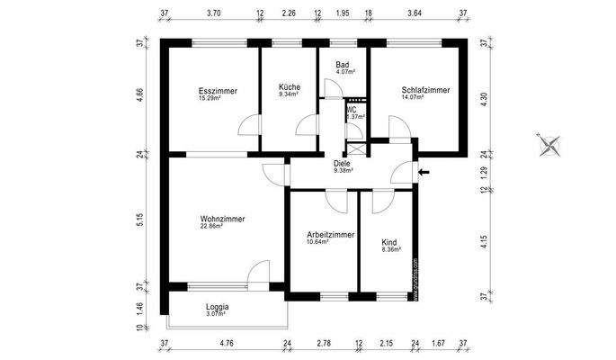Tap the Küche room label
tap(289, 86)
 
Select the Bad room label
tap(342, 65)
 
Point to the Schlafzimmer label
tap(424, 90)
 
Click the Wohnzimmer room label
tap(222, 218)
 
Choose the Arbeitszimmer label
tap(330, 234)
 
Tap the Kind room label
tap(389, 243)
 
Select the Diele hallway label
tap(342, 163)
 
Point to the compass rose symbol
tap(549, 144)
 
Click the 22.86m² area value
tap(213, 226)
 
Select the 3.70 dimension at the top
tap(213, 13)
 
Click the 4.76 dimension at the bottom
tap(226, 343)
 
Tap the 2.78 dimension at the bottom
tap(324, 343)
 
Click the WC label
tap(352, 109)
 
